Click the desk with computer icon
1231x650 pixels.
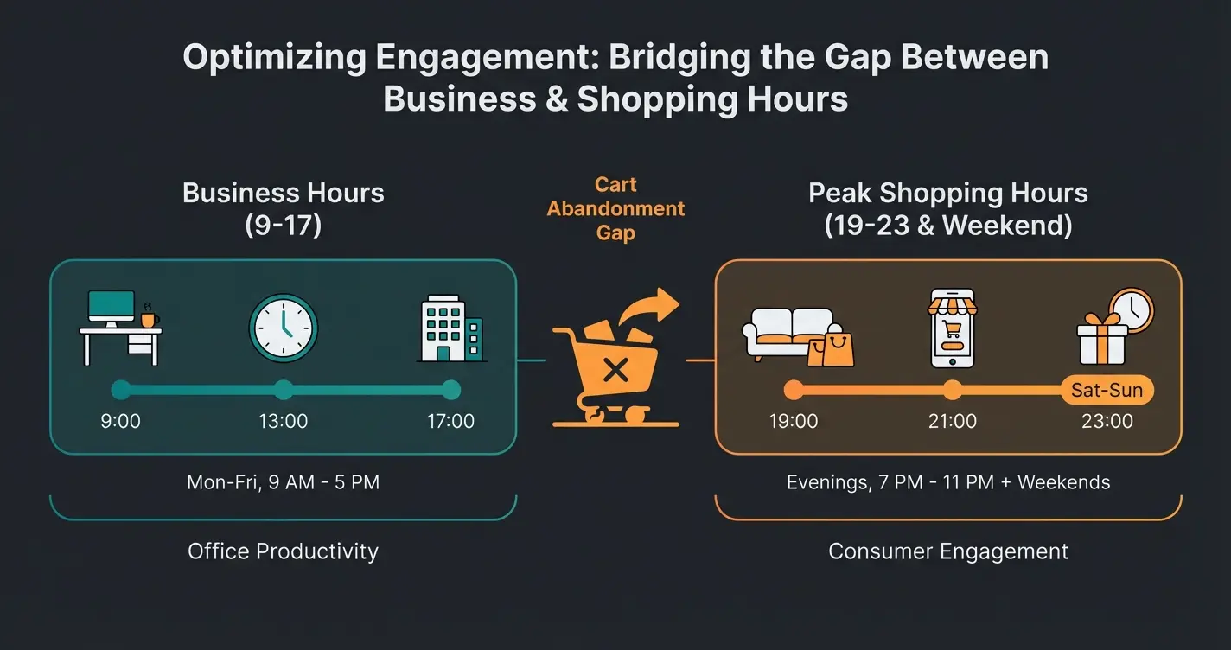pos(121,328)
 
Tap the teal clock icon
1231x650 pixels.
pos(283,328)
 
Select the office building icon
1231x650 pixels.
pos(451,328)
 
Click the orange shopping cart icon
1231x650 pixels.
pos(615,357)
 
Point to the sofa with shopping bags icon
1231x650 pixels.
pos(798,336)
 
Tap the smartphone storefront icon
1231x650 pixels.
pos(953,328)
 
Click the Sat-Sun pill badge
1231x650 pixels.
pos(1107,390)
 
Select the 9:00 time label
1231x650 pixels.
pos(120,421)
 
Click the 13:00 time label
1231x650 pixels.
pos(283,421)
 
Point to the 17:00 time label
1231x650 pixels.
pos(450,421)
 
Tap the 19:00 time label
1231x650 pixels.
pos(793,421)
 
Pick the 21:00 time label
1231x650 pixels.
pos(953,421)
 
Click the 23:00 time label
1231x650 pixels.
pos(1107,421)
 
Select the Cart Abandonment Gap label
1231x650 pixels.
pos(615,208)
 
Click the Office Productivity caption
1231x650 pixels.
pos(283,551)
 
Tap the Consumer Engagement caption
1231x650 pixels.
pos(948,551)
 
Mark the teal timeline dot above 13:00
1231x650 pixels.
pos(283,390)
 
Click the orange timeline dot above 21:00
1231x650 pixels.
pos(953,390)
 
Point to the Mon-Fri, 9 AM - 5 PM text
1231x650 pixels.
pos(283,481)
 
